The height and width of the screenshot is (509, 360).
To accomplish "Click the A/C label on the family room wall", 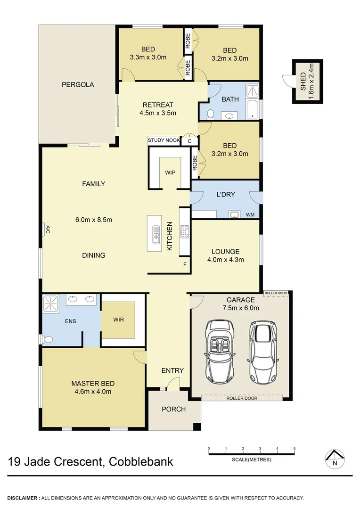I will pos(48,230).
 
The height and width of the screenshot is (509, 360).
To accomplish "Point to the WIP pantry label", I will pos(170,172).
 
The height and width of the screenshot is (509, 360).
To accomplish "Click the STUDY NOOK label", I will pos(164,140).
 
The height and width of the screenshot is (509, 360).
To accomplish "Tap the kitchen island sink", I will pos(156,234).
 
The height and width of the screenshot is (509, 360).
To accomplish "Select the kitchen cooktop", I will pos(184,232).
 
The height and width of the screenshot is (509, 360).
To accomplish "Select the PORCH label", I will pos(173,409).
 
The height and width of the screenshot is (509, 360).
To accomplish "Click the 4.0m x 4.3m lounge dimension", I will pos(225,260).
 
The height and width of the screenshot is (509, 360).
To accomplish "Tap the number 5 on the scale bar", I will pos(295,449).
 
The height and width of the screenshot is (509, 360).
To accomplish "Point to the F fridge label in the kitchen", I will pos(185,264).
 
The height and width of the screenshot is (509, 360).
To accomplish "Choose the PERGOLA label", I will pos(78,85).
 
